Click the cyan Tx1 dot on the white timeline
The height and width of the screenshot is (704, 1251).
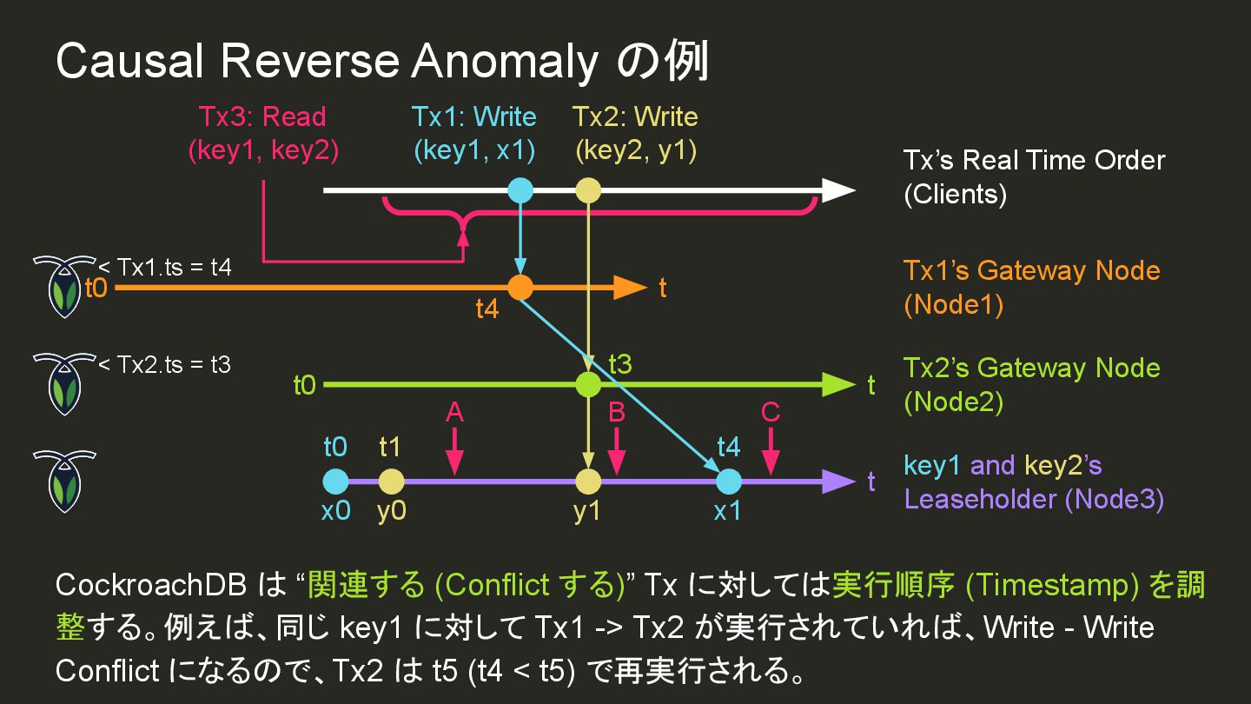520,190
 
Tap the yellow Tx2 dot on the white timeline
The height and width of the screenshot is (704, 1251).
588,190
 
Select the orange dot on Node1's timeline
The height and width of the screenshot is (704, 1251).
520,287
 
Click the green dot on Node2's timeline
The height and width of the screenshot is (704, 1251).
588,384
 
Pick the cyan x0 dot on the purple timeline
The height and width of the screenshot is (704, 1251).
335,481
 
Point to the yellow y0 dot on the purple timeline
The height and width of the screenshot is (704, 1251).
391,481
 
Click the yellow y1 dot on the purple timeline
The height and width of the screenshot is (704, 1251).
588,481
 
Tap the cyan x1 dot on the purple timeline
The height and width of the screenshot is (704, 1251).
728,481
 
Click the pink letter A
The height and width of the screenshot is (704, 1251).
454,412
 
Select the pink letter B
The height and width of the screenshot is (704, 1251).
617,412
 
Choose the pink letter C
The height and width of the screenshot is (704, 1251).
770,412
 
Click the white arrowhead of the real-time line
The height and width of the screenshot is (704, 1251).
838,190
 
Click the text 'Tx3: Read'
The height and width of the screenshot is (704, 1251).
262,116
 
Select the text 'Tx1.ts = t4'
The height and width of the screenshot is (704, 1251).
174,267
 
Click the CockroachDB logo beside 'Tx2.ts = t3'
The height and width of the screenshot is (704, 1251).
63,383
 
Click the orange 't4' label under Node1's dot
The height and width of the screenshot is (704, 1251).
487,309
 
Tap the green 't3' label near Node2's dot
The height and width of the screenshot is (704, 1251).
619,363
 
